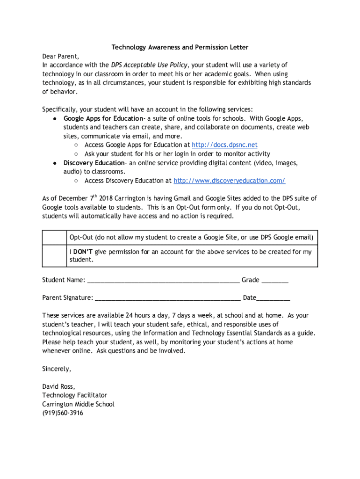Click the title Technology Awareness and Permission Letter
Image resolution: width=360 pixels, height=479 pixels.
pos(180,47)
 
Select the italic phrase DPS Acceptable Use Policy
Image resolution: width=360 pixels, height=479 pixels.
pos(150,65)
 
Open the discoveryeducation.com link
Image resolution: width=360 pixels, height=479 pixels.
pos(229,181)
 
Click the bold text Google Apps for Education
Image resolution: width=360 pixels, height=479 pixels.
pos(103,118)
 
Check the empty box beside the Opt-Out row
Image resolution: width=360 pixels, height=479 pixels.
pos(54,238)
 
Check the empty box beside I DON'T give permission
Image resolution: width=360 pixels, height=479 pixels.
pos(54,255)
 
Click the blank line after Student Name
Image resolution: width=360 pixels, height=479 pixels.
pos(163,280)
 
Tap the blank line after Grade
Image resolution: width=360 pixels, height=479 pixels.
pos(275,280)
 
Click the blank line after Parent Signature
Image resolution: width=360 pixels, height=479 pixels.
pos(167,298)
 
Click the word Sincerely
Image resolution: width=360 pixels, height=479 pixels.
pos(57,369)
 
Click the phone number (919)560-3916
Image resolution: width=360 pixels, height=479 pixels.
pos(63,413)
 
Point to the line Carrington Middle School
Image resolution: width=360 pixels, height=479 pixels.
pos(78,404)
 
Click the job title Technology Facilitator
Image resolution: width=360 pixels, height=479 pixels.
pos(74,395)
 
